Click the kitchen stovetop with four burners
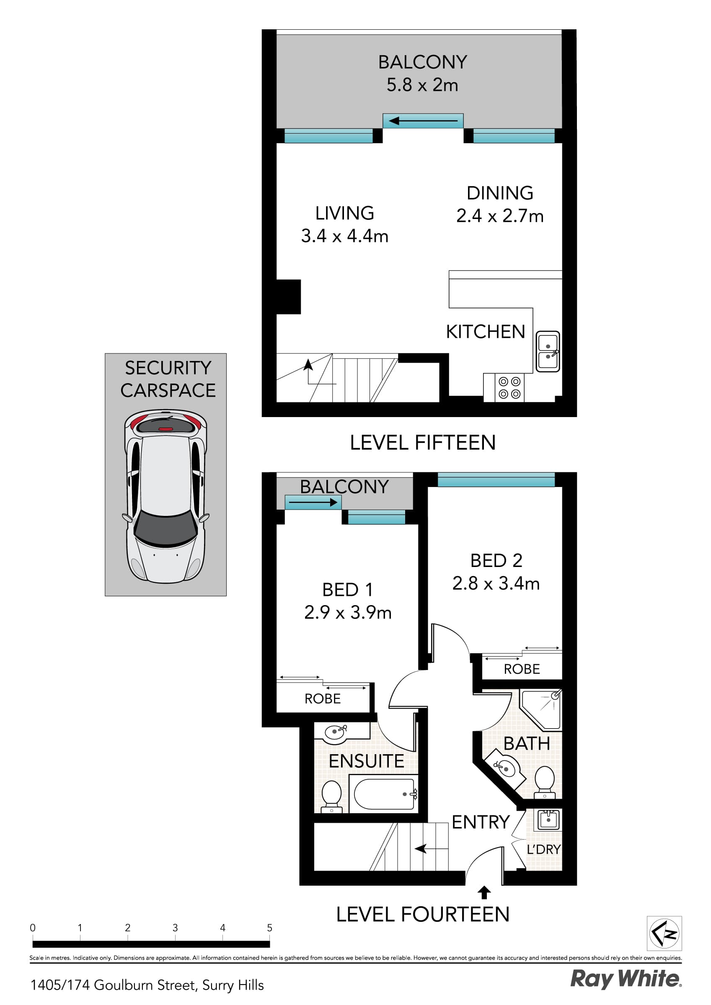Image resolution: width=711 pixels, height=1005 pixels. pos(509,388)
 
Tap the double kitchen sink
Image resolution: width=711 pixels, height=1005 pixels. pos(548,351)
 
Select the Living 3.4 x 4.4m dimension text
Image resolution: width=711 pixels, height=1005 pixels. pos(344,236)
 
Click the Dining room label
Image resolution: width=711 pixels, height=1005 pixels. pos(499,193)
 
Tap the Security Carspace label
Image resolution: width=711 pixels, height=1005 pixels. pos(168,379)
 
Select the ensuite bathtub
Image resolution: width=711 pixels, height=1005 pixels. pos(385,794)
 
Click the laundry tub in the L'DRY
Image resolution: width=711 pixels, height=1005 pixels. pos(548,819)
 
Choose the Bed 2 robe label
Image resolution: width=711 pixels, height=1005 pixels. pos(521,669)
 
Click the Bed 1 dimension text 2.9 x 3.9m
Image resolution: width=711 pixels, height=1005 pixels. pos(347,612)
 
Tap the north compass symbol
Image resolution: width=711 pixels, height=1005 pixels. pos(664,933)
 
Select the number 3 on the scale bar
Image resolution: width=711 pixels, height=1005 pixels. pos(175,928)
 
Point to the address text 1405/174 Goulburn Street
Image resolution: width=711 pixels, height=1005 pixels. pos(147,985)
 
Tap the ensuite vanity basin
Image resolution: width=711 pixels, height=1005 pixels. pos(335,732)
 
